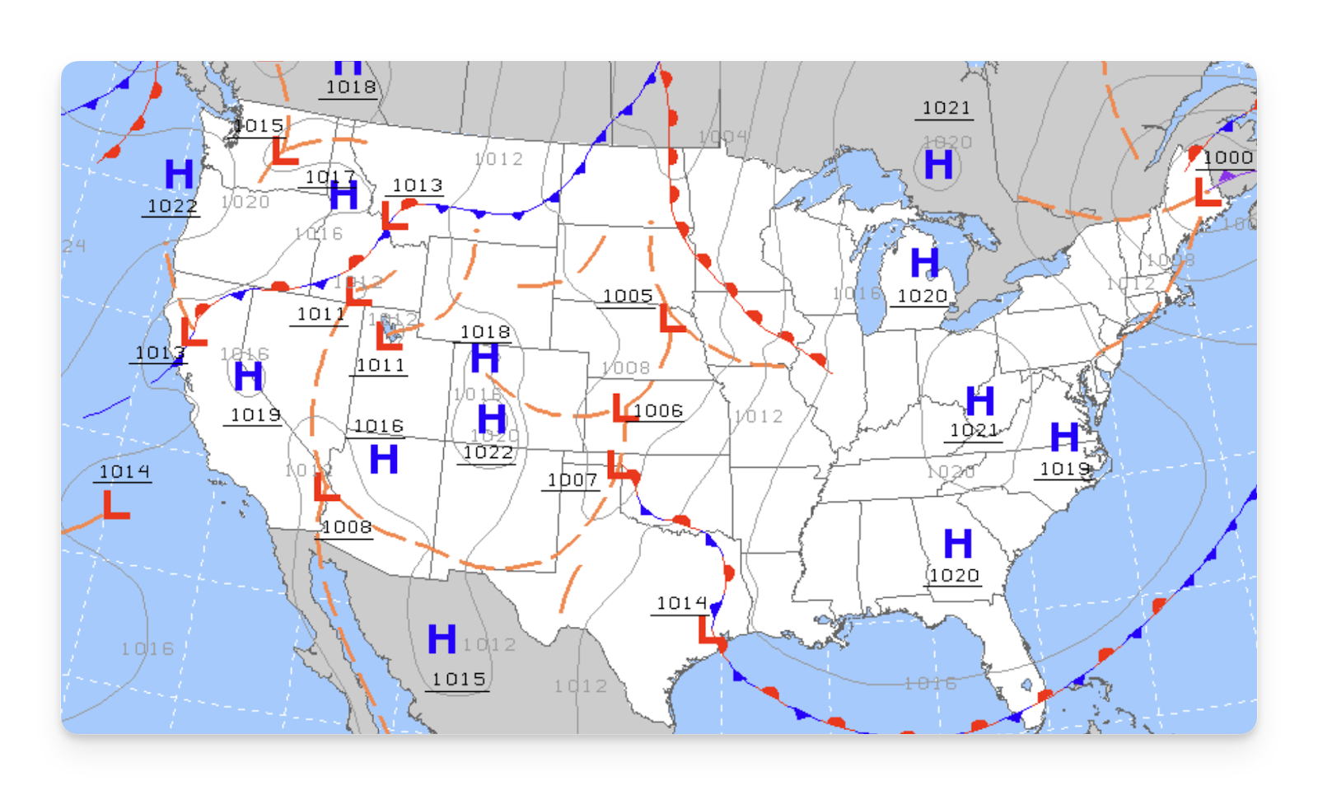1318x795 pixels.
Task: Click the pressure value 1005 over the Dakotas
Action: click(x=628, y=296)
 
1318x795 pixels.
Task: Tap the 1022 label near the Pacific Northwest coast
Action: click(x=171, y=206)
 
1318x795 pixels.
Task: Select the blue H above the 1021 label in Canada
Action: click(x=938, y=165)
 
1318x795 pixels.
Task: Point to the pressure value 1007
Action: click(x=572, y=480)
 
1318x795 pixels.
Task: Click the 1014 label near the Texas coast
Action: click(x=681, y=604)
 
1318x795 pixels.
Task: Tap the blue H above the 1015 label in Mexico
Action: click(x=442, y=639)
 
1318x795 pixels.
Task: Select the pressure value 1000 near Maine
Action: click(x=1227, y=158)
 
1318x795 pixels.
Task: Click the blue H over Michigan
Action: click(x=924, y=264)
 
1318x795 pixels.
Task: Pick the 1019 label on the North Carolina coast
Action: click(x=1064, y=469)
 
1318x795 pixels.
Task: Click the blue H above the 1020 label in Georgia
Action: click(x=957, y=544)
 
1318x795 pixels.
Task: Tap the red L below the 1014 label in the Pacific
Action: click(x=116, y=505)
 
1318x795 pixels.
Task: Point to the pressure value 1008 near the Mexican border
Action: click(x=346, y=527)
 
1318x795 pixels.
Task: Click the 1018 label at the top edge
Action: click(x=351, y=87)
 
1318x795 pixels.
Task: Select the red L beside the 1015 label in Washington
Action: click(x=284, y=152)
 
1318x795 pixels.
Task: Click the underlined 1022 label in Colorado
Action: click(x=488, y=453)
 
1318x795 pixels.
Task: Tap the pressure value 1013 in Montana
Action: click(x=417, y=185)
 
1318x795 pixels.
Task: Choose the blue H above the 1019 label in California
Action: click(x=248, y=376)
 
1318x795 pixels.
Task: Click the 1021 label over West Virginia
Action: click(x=974, y=431)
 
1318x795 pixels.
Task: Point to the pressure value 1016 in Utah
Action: click(x=378, y=426)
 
